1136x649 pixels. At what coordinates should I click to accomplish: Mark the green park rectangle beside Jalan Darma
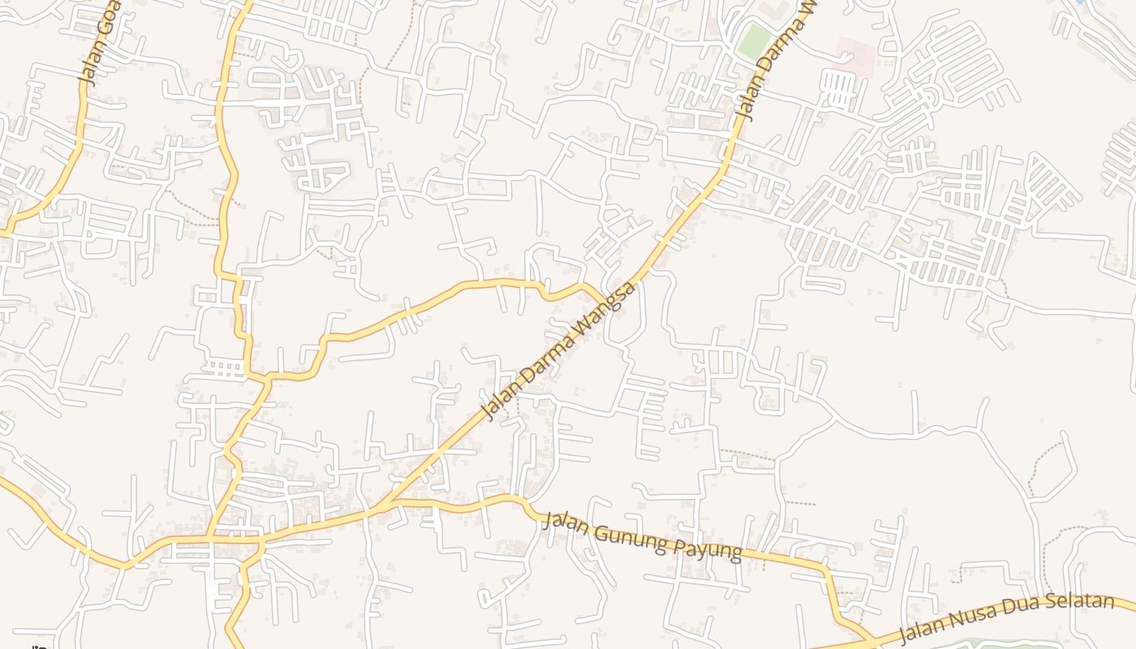click(x=754, y=39)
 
